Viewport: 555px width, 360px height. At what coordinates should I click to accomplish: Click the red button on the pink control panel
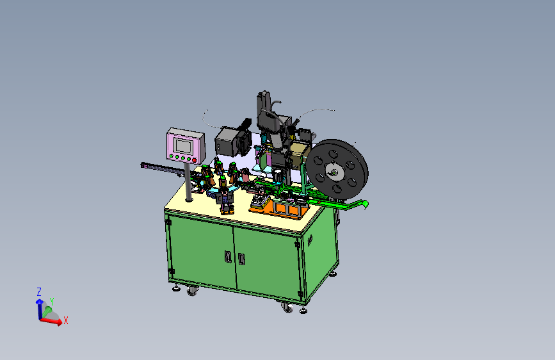tap(195, 160)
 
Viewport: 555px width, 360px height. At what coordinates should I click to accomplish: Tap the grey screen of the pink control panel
tap(182, 146)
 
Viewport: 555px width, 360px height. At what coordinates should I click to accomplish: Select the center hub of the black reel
tap(334, 172)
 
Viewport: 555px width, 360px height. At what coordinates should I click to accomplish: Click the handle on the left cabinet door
tap(229, 256)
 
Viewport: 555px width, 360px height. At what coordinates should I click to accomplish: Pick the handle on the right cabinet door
tap(241, 259)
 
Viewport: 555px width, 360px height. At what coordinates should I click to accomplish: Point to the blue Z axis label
tap(39, 292)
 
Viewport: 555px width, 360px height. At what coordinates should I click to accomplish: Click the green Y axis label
tap(52, 302)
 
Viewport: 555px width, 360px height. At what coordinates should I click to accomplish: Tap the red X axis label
tap(65, 321)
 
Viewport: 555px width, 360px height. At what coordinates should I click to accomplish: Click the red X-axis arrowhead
tap(59, 322)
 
